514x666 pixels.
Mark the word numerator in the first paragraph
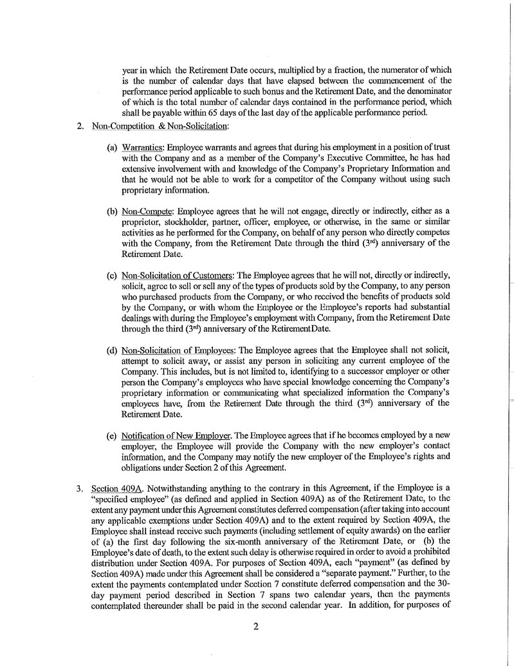[376, 69]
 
